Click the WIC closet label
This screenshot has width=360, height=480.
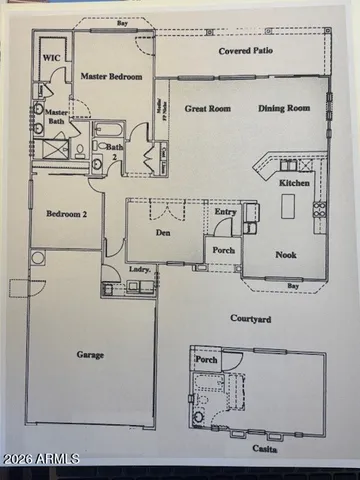(x=50, y=59)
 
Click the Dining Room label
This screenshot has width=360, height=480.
(x=284, y=109)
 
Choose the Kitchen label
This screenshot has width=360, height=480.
(x=294, y=184)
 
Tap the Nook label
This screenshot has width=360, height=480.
(x=286, y=254)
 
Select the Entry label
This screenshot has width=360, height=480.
(x=226, y=211)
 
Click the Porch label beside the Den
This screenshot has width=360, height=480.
(x=223, y=250)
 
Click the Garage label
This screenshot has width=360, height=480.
(x=91, y=354)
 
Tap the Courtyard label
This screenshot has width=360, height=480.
(x=250, y=319)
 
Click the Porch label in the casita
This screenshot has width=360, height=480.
(x=206, y=360)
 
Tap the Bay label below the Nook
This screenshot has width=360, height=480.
(x=292, y=285)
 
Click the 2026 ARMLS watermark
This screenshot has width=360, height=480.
(x=41, y=459)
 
